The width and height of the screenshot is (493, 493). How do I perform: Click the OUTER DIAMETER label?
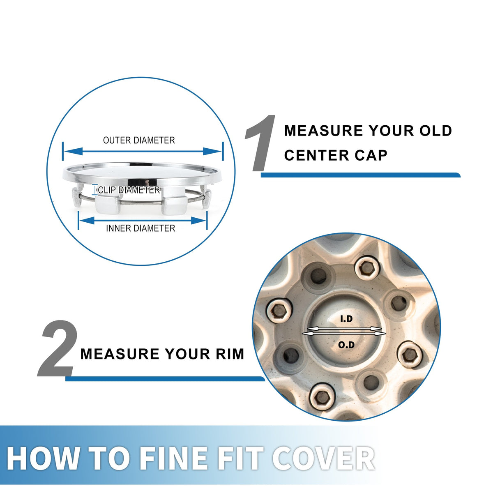[x=139, y=140]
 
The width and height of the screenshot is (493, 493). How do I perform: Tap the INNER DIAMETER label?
[x=141, y=228]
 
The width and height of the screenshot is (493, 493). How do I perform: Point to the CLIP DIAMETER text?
[x=129, y=190]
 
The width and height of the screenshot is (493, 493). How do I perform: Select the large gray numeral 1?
[x=260, y=143]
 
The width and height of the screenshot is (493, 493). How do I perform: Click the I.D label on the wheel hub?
[x=346, y=319]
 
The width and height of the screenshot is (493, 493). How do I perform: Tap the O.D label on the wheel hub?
[x=346, y=345]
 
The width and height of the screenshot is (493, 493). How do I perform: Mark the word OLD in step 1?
[x=435, y=131]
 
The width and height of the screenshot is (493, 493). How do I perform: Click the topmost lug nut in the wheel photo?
[x=367, y=270]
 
